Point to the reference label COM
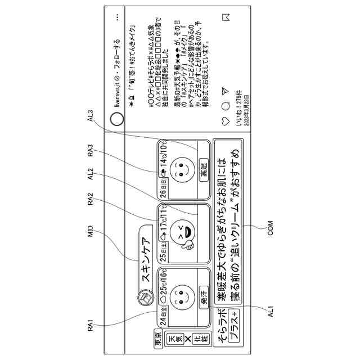click(270, 231)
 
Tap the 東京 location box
click(159, 340)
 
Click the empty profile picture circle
click(117, 119)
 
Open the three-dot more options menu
click(117, 17)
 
